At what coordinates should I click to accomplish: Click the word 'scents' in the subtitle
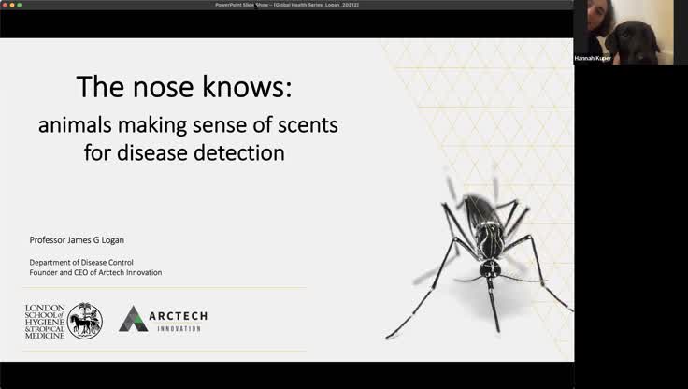299,124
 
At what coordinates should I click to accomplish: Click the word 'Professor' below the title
50,240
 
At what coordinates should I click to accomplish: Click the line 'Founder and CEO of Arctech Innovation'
95,272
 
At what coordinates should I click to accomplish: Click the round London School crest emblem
85,320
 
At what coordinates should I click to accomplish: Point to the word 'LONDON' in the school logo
44,307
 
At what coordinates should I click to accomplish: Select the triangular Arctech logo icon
132,319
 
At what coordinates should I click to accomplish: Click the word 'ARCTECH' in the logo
178,316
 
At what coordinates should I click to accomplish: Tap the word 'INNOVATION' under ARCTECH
179,329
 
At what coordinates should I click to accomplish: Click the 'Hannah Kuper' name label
593,58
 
